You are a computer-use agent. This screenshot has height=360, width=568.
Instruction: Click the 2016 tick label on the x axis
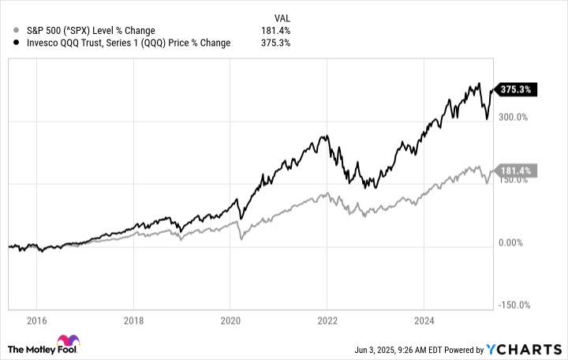tap(36, 322)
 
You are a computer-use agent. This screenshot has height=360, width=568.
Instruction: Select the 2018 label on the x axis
tap(133, 322)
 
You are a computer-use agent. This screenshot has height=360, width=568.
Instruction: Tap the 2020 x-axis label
tap(230, 322)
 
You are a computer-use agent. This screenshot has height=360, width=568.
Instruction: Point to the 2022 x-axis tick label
tap(327, 322)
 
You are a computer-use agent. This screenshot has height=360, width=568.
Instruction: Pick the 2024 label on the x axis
tap(424, 322)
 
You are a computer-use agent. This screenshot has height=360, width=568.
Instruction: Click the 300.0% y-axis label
tap(512, 117)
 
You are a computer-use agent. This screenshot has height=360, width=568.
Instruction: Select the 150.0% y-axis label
tap(512, 180)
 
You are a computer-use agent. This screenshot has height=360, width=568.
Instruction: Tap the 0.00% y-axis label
tap(512, 242)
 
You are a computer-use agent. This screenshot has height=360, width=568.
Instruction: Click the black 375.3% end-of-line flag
tap(514, 90)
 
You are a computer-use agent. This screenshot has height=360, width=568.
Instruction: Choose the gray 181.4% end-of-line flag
tap(514, 171)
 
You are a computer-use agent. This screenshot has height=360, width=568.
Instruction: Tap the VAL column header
tap(282, 16)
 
